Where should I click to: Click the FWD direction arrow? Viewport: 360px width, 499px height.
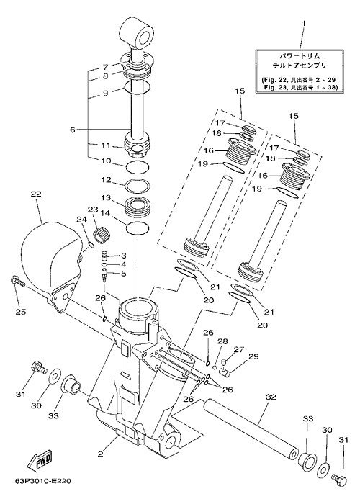tap(39, 461)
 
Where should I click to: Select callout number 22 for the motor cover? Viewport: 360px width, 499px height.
tap(36, 194)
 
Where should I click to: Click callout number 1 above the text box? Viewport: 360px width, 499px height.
tap(303, 24)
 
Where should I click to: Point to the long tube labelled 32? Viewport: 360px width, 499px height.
tap(251, 428)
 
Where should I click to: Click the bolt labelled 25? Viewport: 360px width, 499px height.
tap(17, 281)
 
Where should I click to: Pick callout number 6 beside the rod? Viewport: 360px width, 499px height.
tap(73, 130)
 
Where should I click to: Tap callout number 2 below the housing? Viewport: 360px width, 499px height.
tap(101, 454)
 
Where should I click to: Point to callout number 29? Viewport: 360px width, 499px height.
tap(253, 356)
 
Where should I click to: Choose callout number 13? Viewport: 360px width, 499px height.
tap(106, 198)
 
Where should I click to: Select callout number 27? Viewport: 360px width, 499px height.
tap(239, 349)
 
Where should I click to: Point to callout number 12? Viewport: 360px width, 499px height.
tap(106, 180)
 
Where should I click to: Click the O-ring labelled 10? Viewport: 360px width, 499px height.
tap(138, 167)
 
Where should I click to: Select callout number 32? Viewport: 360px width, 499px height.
tap(271, 397)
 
